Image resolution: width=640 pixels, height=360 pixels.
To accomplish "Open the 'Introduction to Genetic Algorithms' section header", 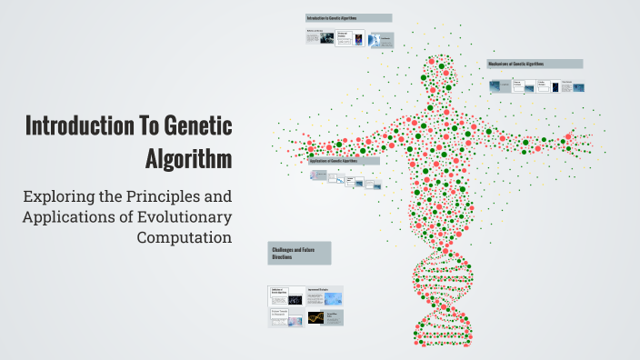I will (x=348, y=18).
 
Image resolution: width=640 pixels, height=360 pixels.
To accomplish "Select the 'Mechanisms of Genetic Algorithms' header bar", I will (x=535, y=64).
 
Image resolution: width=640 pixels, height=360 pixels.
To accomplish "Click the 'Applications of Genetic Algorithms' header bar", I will (x=345, y=161).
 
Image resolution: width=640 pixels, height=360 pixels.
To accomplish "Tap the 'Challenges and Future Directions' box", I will (x=299, y=254).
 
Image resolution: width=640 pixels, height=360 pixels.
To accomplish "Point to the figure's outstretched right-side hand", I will (x=582, y=136).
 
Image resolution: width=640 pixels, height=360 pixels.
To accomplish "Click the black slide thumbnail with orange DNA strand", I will (x=316, y=318).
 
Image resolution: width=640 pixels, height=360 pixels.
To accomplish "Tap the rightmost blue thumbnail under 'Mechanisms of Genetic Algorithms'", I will (x=572, y=87).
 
